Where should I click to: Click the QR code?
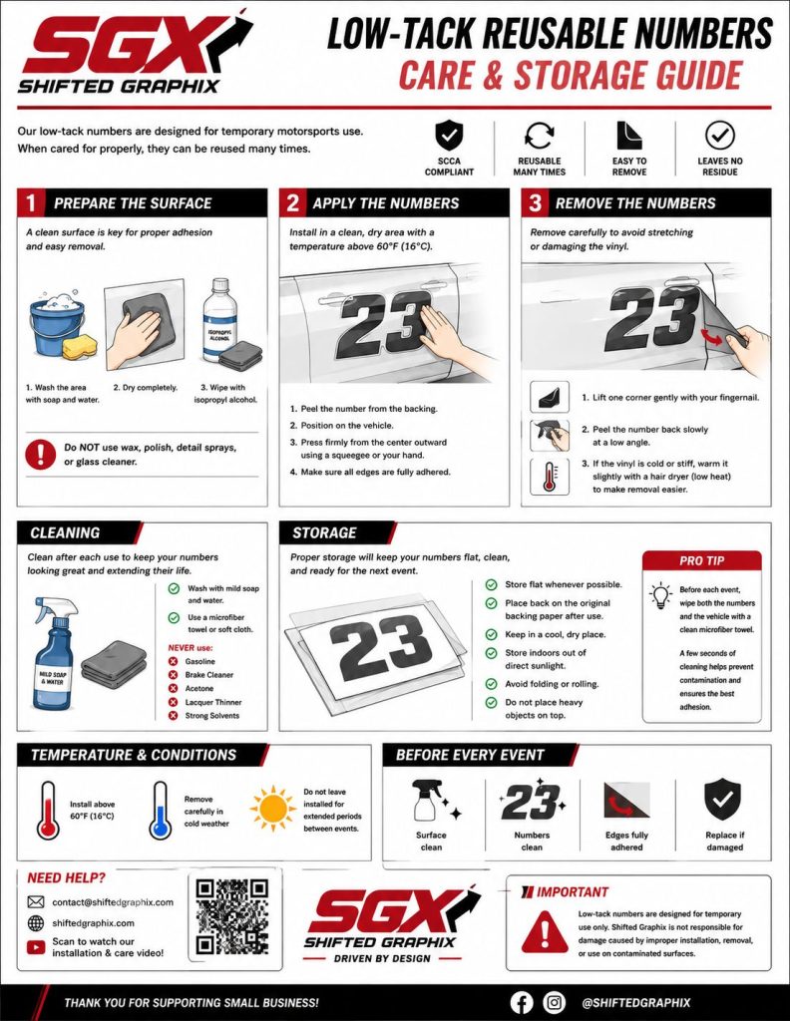[x=231, y=916]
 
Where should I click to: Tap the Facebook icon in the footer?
[x=521, y=1003]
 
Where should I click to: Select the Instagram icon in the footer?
[x=555, y=1003]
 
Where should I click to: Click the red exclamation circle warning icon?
[x=40, y=454]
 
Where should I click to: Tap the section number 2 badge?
[x=292, y=203]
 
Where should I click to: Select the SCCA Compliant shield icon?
[x=449, y=135]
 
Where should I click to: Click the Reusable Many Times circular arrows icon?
[x=540, y=136]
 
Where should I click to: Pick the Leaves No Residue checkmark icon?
[x=719, y=135]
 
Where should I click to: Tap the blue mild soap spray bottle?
[x=54, y=653]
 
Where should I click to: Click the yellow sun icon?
[x=273, y=808]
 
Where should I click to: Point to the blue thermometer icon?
[x=160, y=811]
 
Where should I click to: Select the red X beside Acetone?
[x=174, y=688]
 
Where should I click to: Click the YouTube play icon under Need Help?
[x=36, y=947]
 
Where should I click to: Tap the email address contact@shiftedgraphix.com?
[x=113, y=901]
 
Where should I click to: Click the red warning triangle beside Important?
[x=545, y=930]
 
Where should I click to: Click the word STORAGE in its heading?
[x=324, y=532]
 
